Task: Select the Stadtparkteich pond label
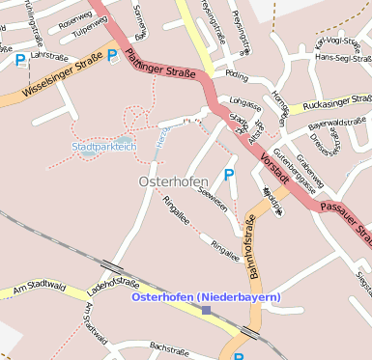(103, 147)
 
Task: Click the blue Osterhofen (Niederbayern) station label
(205, 295)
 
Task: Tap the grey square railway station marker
(206, 310)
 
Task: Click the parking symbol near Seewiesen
(229, 175)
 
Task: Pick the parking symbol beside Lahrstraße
(20, 60)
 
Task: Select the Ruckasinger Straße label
(336, 102)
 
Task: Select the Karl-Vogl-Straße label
(343, 42)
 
